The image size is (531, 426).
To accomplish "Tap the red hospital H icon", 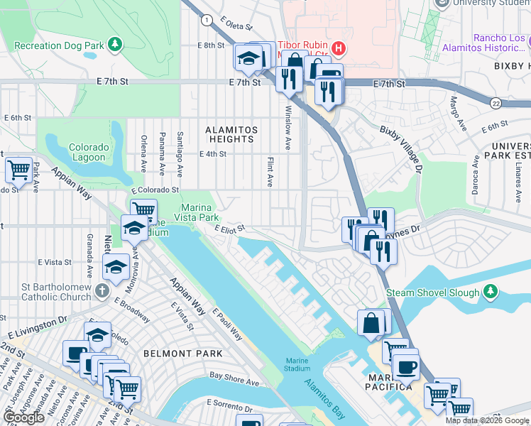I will point(339,48).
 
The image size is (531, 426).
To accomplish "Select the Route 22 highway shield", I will point(495,103).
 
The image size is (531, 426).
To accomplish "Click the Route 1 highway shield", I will point(206,20).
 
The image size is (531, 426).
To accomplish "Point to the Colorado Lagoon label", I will point(89,153).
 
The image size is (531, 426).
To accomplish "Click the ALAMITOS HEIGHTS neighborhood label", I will point(229,134).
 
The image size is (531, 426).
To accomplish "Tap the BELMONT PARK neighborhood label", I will point(182,353).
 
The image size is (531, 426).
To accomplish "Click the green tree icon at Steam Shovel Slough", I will point(490,292).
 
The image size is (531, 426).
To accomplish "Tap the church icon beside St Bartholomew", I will point(102,290).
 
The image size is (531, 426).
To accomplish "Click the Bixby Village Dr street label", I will point(400,150).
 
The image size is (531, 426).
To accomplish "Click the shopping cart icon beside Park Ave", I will point(18,170).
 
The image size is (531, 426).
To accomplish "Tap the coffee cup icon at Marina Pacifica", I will point(406,367).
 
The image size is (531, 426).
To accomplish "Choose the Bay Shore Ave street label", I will point(234,381).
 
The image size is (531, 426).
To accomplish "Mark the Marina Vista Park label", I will point(193,207).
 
